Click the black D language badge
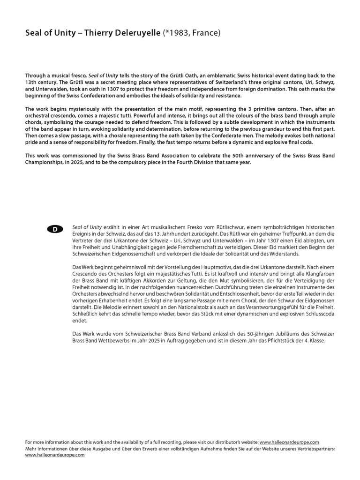(x=55, y=229)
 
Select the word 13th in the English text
(x=32, y=82)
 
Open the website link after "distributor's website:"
(x=289, y=442)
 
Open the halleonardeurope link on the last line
(x=55, y=455)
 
